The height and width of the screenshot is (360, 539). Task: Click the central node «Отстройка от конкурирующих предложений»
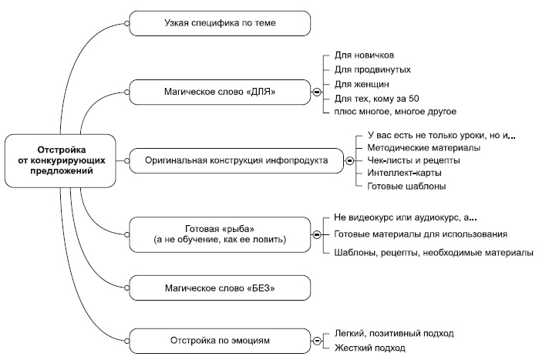tap(62, 160)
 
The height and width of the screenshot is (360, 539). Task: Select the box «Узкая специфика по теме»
tap(220, 24)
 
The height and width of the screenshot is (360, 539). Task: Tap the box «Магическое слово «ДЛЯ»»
tap(220, 92)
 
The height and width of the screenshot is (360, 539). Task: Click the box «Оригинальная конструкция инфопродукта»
tap(236, 160)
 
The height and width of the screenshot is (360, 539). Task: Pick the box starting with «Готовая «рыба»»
tap(220, 234)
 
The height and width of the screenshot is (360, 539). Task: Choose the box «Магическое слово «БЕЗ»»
tap(220, 288)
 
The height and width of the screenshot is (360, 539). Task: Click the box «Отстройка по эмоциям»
tap(220, 340)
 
